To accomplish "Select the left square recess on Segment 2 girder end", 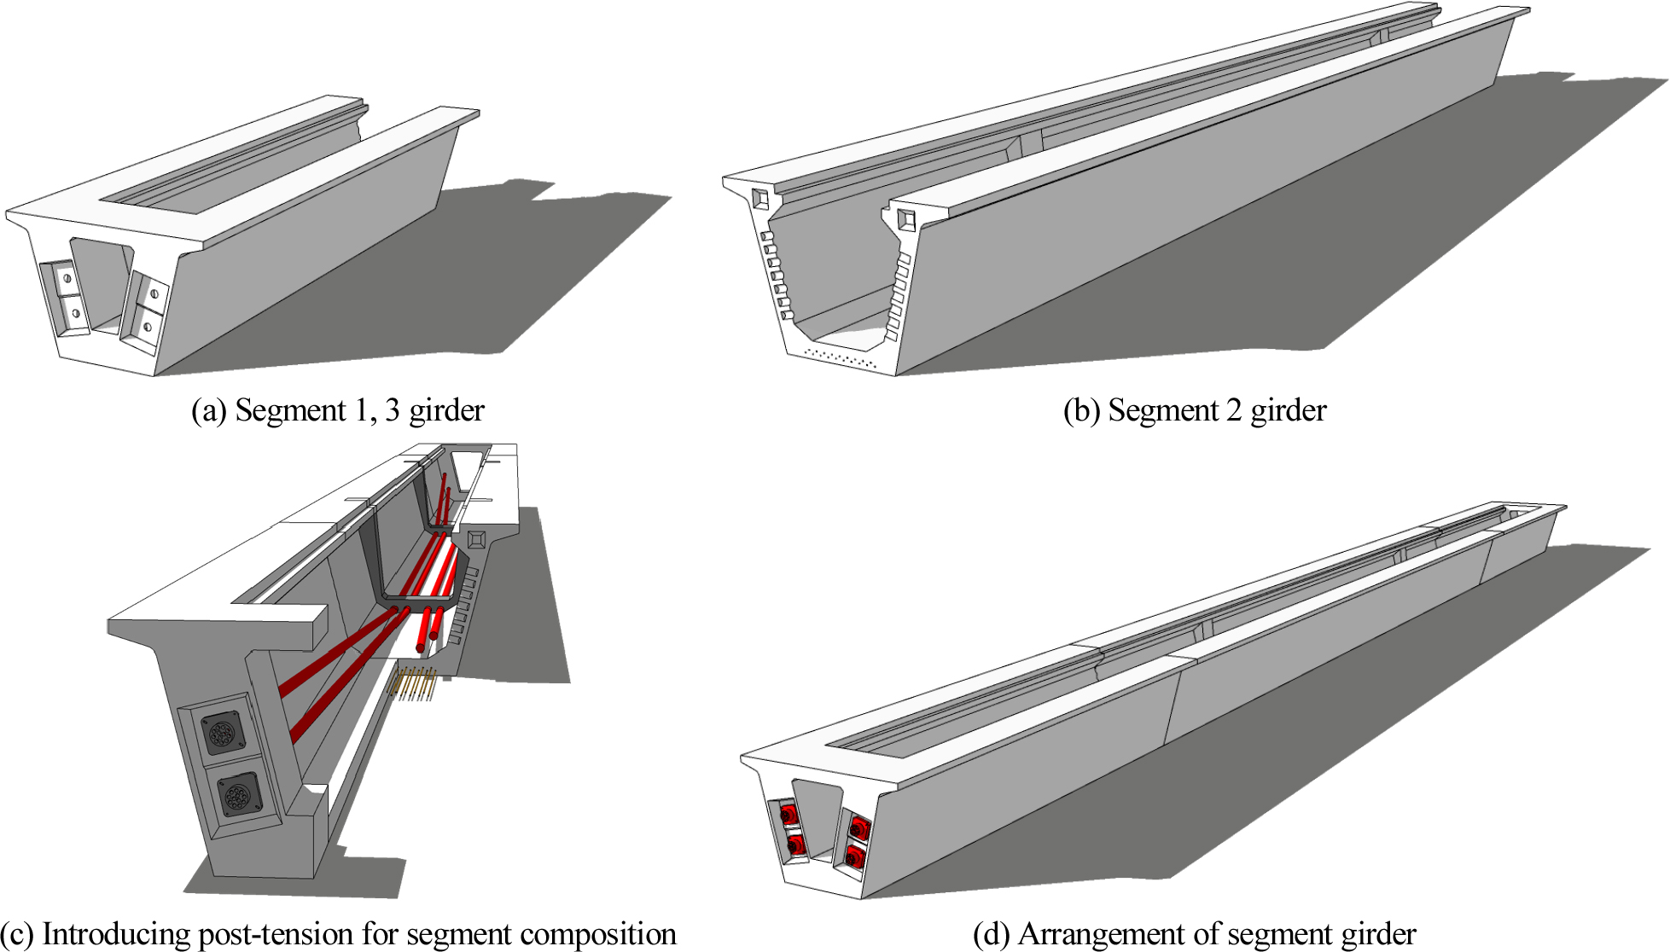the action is pyautogui.click(x=759, y=199).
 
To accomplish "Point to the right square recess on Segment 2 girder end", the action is pyautogui.click(x=905, y=219).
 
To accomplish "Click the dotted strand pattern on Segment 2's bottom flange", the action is pyautogui.click(x=841, y=357).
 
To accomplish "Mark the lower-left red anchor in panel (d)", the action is pyautogui.click(x=794, y=844).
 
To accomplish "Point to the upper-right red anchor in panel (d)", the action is pyautogui.click(x=858, y=827).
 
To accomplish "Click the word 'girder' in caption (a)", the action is pyautogui.click(x=446, y=411).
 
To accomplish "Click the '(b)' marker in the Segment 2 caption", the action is pyautogui.click(x=1081, y=411).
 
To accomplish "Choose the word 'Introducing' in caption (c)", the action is pyautogui.click(x=116, y=935).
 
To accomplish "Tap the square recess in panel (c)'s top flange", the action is pyautogui.click(x=476, y=540).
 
